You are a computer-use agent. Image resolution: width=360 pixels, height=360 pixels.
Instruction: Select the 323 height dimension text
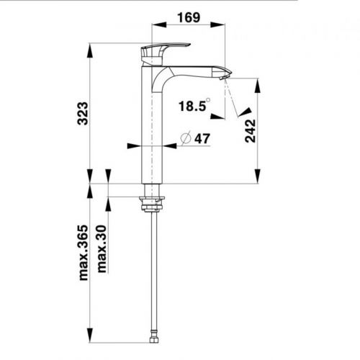click(x=84, y=113)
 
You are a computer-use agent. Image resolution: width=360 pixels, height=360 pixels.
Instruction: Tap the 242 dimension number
click(x=251, y=130)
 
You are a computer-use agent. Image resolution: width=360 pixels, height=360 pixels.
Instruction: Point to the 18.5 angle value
click(x=192, y=106)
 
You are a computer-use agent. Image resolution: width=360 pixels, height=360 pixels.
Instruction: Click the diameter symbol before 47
click(x=184, y=138)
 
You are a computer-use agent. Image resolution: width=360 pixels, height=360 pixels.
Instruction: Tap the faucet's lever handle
click(x=164, y=49)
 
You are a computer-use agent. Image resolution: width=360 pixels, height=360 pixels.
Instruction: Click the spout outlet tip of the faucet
click(x=225, y=73)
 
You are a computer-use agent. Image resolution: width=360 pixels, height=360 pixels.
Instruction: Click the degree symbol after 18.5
click(x=208, y=100)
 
